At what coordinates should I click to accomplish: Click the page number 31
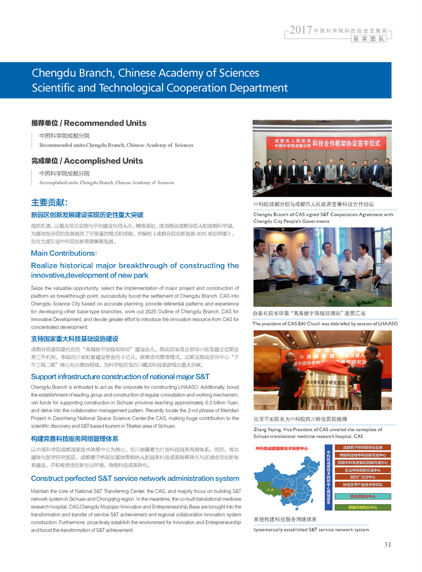pyautogui.click(x=388, y=544)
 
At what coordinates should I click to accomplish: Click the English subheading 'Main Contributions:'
pyautogui.click(x=64, y=253)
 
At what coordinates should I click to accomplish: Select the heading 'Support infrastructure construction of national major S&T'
pyautogui.click(x=120, y=376)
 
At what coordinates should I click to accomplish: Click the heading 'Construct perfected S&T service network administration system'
pyautogui.click(x=135, y=479)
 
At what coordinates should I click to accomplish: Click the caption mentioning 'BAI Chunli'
pyautogui.click(x=325, y=324)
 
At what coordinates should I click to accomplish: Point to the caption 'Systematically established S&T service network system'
pyautogui.click(x=311, y=529)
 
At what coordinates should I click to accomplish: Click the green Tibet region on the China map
pyautogui.click(x=271, y=489)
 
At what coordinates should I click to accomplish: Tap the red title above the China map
pyautogui.click(x=282, y=448)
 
